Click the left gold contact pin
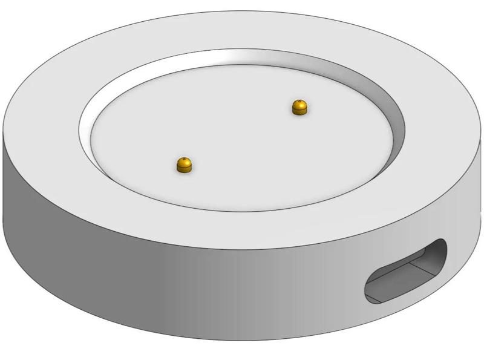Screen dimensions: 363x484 click(x=185, y=165)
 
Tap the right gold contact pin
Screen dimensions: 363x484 click(x=299, y=108)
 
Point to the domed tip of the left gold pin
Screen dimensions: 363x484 click(x=185, y=162)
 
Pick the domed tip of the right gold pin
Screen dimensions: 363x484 click(x=299, y=105)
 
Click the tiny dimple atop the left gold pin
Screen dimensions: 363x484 click(x=185, y=160)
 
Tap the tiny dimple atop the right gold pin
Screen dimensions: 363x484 click(x=299, y=102)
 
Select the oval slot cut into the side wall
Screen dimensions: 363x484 click(x=405, y=271)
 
